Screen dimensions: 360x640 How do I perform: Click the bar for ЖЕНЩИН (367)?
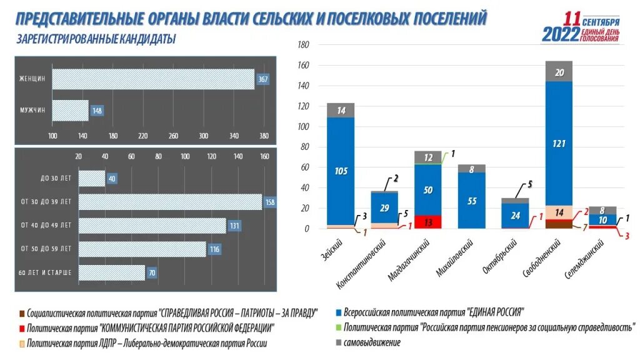coord(153,79)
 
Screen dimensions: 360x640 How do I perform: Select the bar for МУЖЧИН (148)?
coord(70,111)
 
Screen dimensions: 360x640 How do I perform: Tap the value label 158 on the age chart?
coord(271,202)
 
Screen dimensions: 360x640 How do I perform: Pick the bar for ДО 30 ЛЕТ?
coord(92,179)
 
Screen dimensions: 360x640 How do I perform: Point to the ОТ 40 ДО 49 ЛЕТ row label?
coord(46,225)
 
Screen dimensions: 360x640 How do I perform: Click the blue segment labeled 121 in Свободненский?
coord(559,144)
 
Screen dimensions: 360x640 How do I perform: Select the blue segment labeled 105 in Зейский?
coord(341,171)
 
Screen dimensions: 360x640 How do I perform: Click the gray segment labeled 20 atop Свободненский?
coord(559,72)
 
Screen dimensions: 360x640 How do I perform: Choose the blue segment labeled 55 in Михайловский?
coord(472,201)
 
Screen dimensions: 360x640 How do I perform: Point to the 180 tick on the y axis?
coord(304,46)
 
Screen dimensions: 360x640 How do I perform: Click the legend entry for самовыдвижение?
coord(371,342)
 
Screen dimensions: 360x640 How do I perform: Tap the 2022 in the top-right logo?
coord(561,35)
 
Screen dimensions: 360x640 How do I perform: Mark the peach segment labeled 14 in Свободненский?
coord(559,212)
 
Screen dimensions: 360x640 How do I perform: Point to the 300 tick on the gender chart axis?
coord(203,136)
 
